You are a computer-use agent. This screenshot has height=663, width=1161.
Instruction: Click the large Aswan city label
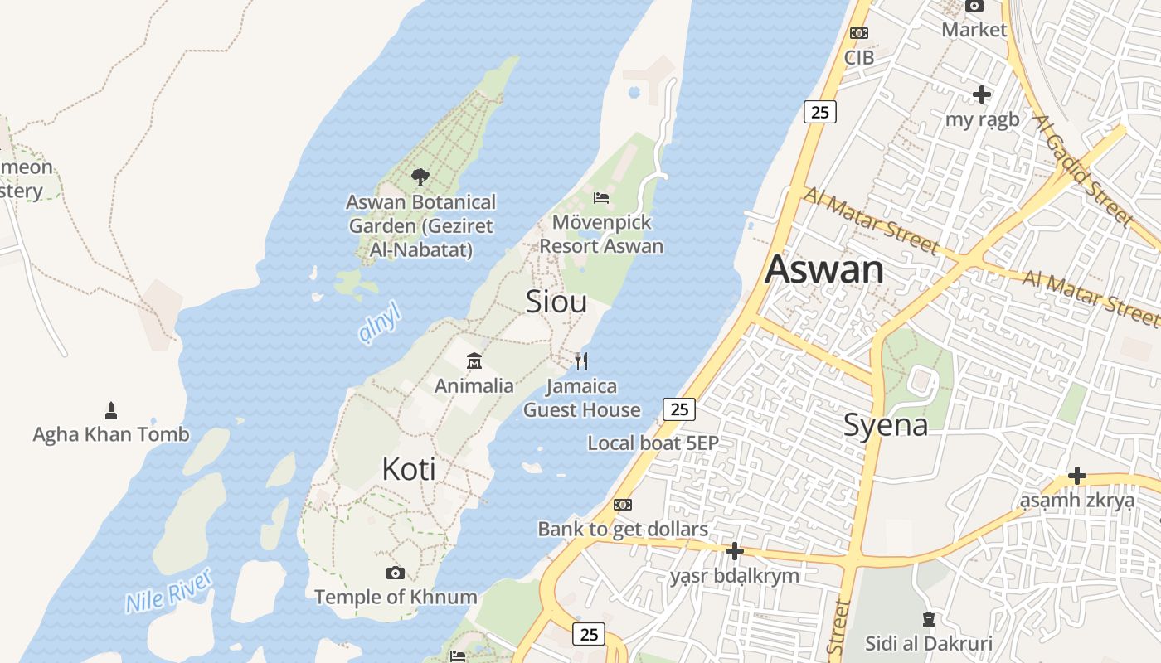824,270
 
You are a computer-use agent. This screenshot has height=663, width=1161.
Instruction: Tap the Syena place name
885,425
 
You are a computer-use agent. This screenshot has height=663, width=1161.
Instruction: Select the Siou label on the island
556,302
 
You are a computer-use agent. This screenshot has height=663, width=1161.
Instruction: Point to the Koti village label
408,469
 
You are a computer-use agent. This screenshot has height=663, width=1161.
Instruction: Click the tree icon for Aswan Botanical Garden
420,177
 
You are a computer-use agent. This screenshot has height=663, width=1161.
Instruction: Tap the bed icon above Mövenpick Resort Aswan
601,197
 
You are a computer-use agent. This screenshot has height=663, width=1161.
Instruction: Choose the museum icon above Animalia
474,361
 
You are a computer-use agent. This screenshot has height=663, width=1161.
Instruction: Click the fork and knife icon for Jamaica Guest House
581,361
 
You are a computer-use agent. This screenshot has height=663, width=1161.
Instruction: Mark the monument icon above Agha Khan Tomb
111,409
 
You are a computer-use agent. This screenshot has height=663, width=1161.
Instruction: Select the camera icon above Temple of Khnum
396,573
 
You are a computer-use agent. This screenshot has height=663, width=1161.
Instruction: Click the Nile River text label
169,590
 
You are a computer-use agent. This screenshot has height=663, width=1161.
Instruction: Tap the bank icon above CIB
859,33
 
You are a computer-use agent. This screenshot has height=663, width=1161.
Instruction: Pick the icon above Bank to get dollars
623,504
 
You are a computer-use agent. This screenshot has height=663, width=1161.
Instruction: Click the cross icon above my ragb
982,94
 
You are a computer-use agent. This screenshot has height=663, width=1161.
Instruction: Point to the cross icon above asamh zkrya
1076,476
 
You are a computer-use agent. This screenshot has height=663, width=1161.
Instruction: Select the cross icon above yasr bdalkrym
734,550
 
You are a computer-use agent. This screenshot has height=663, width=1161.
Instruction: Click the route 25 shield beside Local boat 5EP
679,409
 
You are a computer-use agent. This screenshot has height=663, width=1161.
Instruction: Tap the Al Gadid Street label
1081,171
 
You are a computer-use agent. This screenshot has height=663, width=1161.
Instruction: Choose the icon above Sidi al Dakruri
928,618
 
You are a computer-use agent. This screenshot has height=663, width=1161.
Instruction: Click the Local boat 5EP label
653,443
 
